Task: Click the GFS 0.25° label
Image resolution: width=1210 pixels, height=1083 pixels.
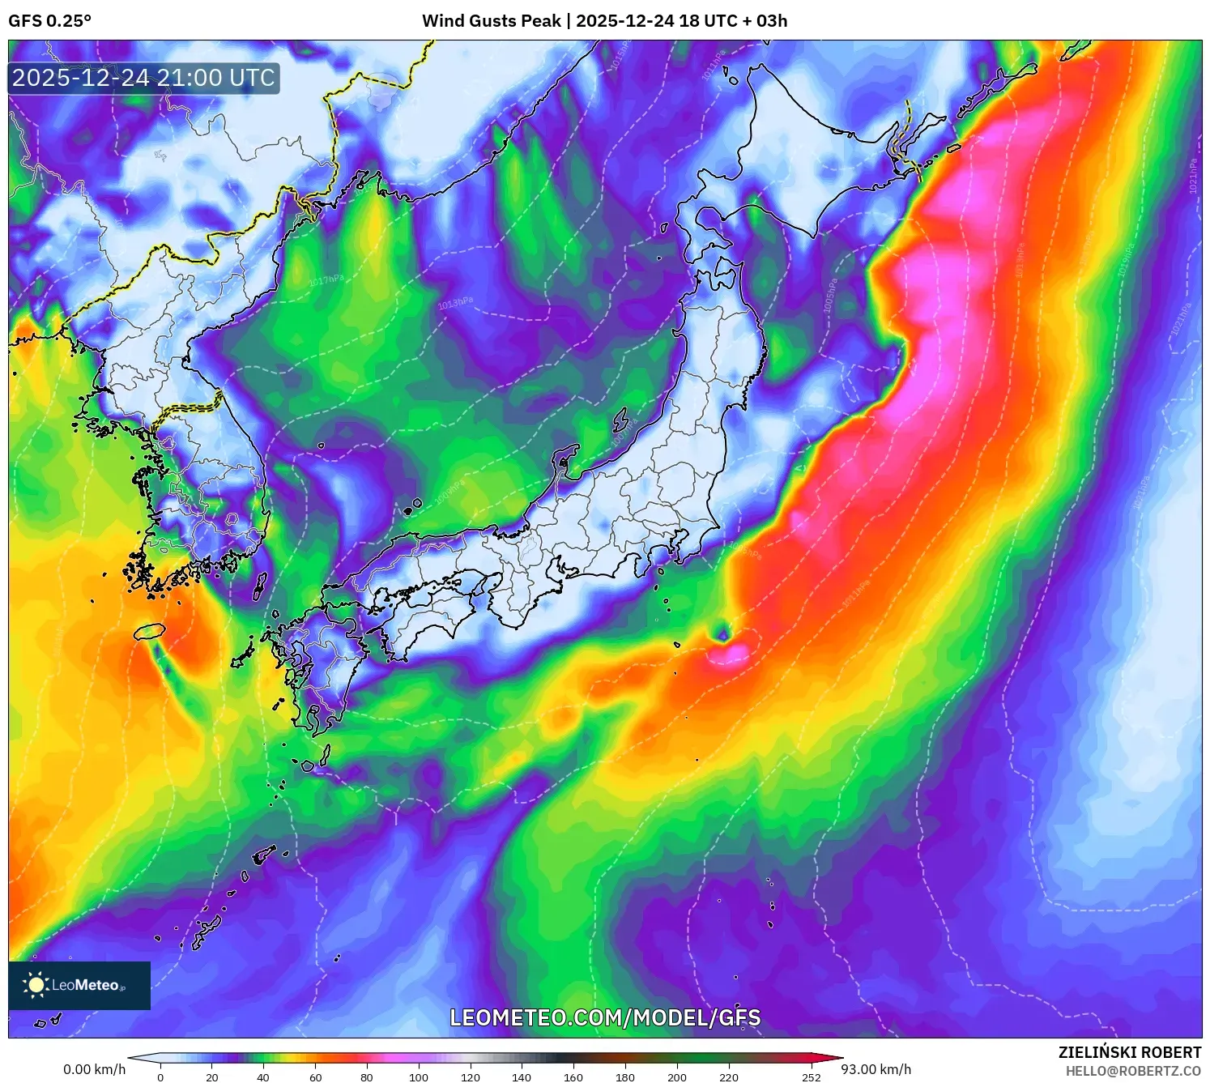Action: click(49, 21)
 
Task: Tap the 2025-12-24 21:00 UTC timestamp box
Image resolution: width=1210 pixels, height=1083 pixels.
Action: click(144, 79)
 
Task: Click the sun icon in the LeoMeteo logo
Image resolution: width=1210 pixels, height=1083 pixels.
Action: click(36, 985)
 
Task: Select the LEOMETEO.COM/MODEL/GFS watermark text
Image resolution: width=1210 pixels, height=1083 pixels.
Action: click(605, 1017)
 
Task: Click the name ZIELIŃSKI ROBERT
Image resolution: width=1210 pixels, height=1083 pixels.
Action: click(1129, 1052)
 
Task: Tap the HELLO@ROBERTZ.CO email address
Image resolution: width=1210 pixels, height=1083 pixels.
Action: click(1132, 1071)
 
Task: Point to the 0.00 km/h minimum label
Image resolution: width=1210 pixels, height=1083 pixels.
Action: click(94, 1069)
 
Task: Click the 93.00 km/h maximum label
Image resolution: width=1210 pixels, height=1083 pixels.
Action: click(876, 1069)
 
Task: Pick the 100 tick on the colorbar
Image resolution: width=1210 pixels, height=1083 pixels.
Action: click(418, 1077)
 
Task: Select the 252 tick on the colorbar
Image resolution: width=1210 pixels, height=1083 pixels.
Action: click(811, 1077)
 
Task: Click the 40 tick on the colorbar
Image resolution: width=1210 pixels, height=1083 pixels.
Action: click(263, 1077)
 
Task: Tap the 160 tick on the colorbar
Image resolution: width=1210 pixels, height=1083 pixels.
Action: click(573, 1077)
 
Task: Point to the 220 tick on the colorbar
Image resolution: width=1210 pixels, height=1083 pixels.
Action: click(728, 1077)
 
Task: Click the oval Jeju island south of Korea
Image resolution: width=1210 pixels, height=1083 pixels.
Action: click(150, 631)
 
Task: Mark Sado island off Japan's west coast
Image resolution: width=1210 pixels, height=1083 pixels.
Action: click(621, 420)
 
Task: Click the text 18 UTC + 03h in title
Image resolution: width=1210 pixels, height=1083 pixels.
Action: click(733, 21)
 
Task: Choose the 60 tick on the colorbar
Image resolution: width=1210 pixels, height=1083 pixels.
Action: click(315, 1077)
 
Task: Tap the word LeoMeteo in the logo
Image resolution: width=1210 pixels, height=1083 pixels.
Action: click(86, 985)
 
